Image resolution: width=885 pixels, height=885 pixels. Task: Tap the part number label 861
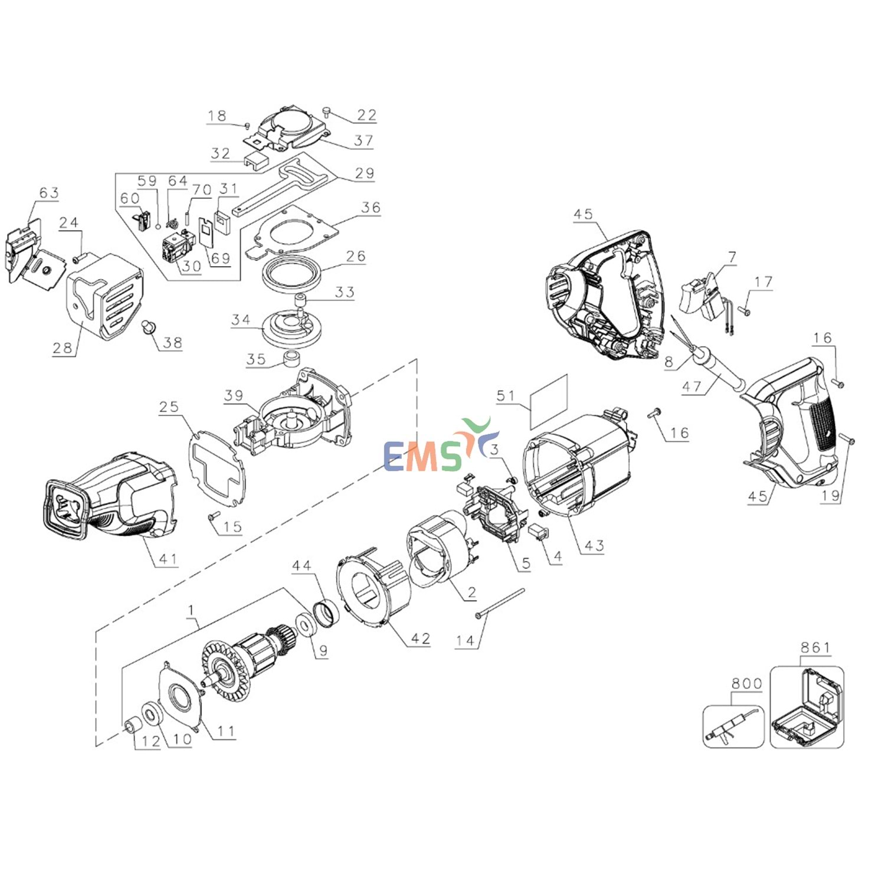tap(815, 648)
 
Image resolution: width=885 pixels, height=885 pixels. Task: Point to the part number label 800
tap(746, 683)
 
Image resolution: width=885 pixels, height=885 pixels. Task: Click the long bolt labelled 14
tap(500, 603)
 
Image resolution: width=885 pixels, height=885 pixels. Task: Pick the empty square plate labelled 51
tap(549, 401)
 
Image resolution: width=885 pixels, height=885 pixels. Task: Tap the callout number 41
tap(168, 558)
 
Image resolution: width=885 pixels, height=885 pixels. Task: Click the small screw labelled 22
tap(326, 110)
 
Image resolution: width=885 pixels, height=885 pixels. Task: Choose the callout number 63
tap(49, 193)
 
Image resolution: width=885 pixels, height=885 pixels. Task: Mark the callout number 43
tap(594, 546)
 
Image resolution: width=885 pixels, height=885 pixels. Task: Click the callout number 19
tap(830, 496)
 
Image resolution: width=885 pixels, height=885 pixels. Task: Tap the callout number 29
tap(365, 173)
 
